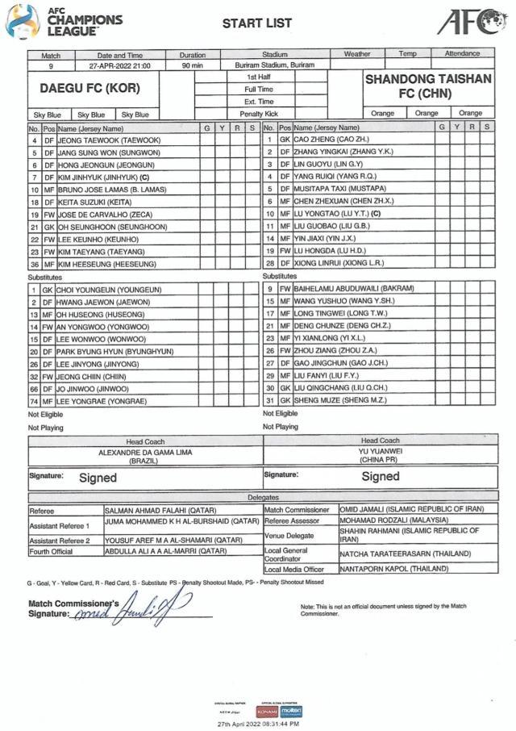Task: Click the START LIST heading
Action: pos(257,23)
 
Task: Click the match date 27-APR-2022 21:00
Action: pos(121,65)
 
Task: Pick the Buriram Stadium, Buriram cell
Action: pos(275,65)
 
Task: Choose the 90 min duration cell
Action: pos(192,65)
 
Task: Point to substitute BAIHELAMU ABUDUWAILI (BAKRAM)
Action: pos(354,288)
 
